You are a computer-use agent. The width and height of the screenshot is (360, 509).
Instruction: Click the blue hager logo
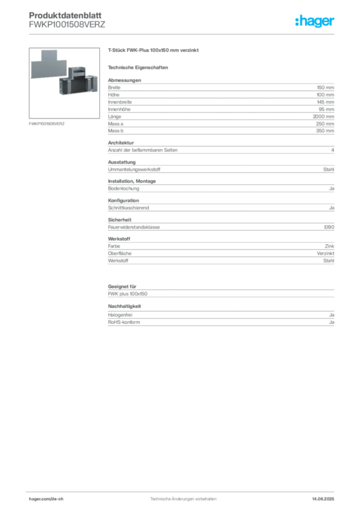pyautogui.click(x=315, y=22)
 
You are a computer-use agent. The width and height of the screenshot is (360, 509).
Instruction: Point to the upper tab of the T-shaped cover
pyautogui.click(x=50, y=54)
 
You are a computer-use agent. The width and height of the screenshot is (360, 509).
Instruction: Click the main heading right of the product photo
pyautogui.click(x=155, y=51)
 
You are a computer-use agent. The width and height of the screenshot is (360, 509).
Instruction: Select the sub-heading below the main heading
pyautogui.click(x=139, y=67)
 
